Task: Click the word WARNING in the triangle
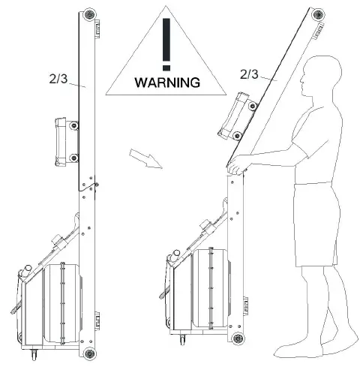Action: click(167, 82)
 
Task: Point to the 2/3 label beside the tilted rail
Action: click(249, 75)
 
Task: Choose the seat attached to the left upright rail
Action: click(64, 140)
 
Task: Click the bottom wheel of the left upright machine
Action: click(91, 353)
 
